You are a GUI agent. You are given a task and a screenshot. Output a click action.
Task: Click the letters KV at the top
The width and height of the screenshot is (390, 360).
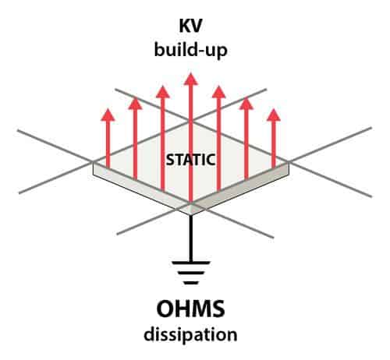point(190,26)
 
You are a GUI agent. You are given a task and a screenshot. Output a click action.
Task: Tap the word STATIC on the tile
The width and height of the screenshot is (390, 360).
point(190,160)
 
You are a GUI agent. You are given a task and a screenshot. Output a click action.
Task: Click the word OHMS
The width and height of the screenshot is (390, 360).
point(190,309)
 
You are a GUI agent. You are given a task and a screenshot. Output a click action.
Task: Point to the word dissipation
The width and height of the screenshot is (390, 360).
point(190,334)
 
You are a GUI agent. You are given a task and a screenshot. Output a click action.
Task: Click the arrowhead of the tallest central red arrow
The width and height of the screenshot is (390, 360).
point(191,79)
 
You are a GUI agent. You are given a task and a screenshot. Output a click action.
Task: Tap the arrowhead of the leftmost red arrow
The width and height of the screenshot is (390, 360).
point(108,115)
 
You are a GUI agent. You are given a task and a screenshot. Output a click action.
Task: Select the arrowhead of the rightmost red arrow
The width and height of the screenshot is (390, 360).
point(274,115)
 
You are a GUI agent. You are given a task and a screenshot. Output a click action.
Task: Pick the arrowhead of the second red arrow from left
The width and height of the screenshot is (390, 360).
point(135,103)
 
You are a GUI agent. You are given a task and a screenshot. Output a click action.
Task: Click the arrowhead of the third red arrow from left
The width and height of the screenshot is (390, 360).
point(163,92)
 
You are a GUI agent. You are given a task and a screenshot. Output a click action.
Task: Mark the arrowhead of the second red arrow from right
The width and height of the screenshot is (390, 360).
point(246,103)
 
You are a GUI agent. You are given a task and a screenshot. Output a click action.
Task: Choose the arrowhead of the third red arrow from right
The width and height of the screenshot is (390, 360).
point(218,92)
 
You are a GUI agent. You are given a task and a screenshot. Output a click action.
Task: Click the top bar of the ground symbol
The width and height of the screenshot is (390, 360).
point(190,263)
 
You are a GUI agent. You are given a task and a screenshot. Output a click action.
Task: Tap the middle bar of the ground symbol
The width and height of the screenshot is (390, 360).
point(190,273)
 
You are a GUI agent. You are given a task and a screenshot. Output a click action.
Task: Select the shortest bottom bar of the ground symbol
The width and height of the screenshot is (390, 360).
point(190,283)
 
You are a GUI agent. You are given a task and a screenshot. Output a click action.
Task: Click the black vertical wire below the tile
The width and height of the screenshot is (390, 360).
point(190,238)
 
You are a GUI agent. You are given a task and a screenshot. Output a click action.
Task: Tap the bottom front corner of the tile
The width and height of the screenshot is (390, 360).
point(191,215)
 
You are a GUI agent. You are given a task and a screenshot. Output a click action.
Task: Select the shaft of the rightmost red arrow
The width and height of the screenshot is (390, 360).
point(274,144)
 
